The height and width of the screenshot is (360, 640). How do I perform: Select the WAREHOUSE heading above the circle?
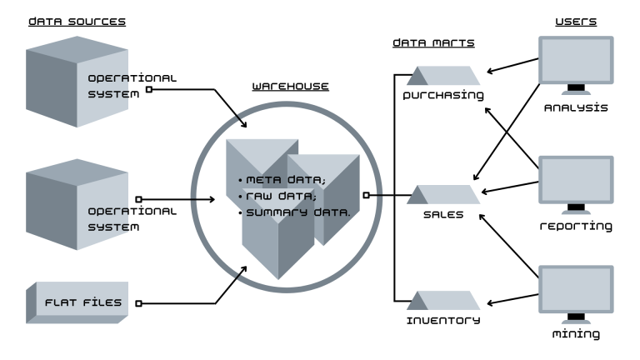[290, 86]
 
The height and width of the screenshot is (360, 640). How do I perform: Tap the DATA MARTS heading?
[428, 42]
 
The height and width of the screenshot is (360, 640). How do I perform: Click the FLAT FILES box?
[77, 302]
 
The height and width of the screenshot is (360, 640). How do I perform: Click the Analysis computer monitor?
[575, 65]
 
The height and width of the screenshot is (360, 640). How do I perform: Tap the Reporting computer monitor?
[575, 183]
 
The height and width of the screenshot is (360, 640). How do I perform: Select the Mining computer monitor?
[575, 292]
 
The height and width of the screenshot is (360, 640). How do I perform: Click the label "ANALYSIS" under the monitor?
[576, 107]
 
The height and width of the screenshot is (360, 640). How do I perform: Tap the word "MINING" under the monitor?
[576, 334]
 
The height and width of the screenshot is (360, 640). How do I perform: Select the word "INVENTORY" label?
[443, 320]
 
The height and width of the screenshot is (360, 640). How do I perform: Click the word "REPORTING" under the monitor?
[576, 226]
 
